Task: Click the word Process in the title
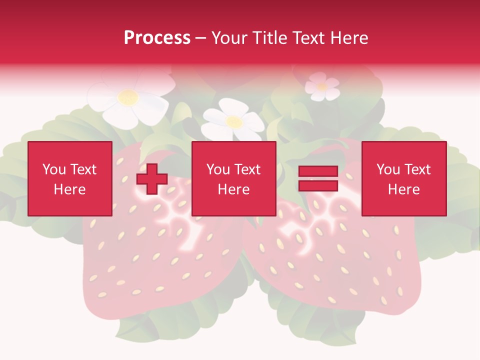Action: click(x=157, y=38)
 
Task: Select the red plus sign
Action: click(x=152, y=179)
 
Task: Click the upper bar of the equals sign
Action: click(x=318, y=171)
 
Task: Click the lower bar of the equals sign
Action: click(x=318, y=185)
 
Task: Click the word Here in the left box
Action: click(x=69, y=189)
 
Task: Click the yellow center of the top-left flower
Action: click(x=128, y=96)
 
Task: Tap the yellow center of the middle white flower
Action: click(x=233, y=121)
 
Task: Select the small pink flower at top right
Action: click(x=322, y=86)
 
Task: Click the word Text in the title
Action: click(x=308, y=38)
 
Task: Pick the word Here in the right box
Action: click(x=403, y=189)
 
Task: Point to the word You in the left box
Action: click(x=54, y=169)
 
